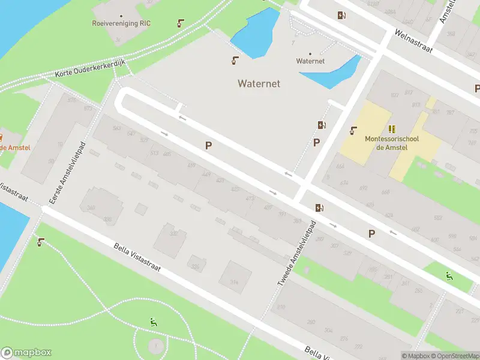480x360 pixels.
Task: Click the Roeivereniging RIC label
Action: tap(121, 23)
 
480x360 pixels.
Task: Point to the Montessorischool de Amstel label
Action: tap(392, 143)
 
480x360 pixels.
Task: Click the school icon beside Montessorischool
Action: tap(392, 129)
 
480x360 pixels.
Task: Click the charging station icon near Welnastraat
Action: tap(341, 16)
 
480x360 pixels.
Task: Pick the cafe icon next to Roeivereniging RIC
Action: tap(180, 24)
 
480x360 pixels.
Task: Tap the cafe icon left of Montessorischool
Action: tap(354, 130)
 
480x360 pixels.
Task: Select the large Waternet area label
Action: tap(259, 83)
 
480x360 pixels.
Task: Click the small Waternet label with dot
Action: tap(310, 61)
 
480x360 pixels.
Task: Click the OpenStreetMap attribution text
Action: tap(454, 356)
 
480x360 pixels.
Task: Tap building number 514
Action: tap(234, 281)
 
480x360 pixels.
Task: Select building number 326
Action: tap(195, 266)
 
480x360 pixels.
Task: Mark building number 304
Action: tap(328, 330)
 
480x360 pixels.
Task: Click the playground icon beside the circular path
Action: tap(154, 322)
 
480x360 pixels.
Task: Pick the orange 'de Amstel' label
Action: tap(15, 148)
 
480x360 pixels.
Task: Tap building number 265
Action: tap(418, 290)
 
